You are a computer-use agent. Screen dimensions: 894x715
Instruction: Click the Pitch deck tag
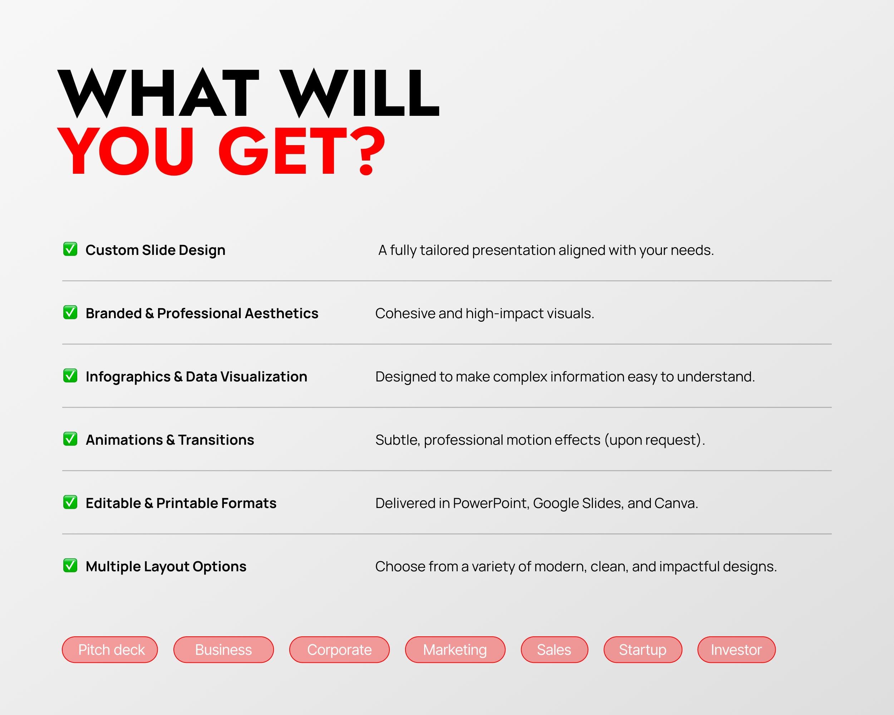[x=110, y=650]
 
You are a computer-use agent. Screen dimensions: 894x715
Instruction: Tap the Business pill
[x=223, y=650]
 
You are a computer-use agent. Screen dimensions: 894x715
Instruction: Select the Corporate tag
[x=339, y=650]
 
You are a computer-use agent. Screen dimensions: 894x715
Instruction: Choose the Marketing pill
[x=455, y=650]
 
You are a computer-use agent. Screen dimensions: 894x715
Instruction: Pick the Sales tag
[x=554, y=650]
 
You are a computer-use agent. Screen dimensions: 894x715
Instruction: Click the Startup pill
[x=643, y=650]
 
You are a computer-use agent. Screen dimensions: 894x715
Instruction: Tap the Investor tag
[x=736, y=650]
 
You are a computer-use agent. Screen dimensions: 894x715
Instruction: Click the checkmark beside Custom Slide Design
[x=70, y=249]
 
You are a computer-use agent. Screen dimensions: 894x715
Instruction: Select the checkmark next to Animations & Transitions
[x=70, y=439]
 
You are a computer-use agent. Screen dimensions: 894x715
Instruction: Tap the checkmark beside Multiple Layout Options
[x=70, y=565]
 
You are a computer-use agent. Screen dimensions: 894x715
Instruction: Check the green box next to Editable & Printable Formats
[x=70, y=502]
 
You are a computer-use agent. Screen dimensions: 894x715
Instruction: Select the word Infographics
[x=128, y=377]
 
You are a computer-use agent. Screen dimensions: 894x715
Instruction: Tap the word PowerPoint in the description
[x=490, y=503]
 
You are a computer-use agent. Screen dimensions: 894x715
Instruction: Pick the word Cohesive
[x=405, y=314]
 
